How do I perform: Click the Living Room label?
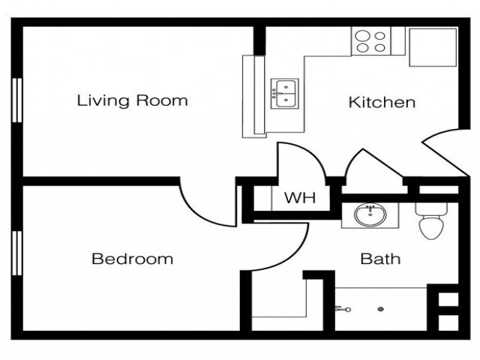(132, 100)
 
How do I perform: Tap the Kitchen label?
(382, 102)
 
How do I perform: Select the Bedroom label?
(132, 259)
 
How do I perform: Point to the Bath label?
(380, 259)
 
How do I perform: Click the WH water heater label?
(299, 199)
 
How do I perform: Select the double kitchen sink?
(284, 93)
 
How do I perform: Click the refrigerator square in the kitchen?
(433, 47)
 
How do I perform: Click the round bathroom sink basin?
(367, 216)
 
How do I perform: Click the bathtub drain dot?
(381, 308)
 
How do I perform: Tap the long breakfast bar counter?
(254, 95)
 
